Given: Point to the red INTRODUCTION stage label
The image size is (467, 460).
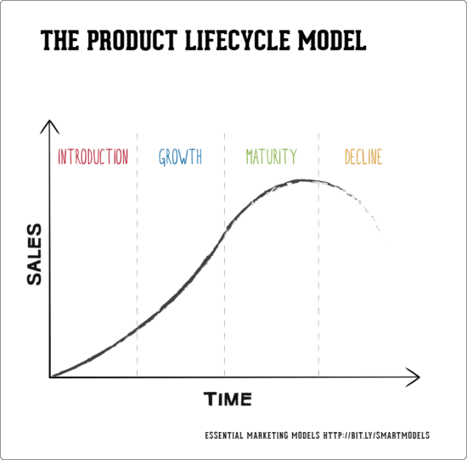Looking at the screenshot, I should click(x=93, y=156).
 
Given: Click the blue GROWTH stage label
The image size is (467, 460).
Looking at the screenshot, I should click(x=180, y=156).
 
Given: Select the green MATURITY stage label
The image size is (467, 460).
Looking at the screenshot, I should click(x=271, y=156).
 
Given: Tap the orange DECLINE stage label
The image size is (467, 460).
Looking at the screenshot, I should click(x=363, y=156).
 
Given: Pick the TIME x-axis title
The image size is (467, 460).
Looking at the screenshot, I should click(x=228, y=399).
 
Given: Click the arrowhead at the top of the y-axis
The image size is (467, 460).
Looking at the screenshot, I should click(x=50, y=125).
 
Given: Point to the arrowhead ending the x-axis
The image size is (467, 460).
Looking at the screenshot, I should click(x=416, y=375).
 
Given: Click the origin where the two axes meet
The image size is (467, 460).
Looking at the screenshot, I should click(x=51, y=376).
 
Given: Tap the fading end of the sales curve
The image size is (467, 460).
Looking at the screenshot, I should click(x=384, y=240).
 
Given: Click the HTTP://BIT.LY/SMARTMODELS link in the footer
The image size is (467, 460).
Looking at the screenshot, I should click(x=377, y=435).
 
